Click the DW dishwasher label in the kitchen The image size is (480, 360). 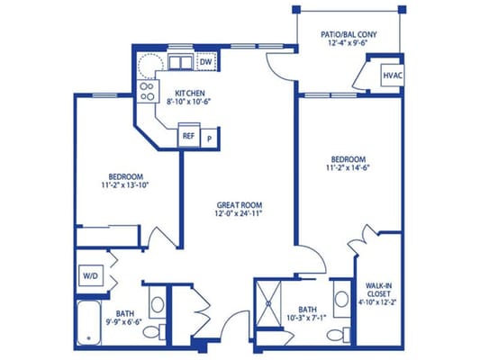point(205,61)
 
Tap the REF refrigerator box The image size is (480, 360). point(188,136)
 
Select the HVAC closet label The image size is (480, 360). point(392,76)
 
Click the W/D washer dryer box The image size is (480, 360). point(91,273)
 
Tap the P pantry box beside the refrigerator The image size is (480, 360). point(209,138)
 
